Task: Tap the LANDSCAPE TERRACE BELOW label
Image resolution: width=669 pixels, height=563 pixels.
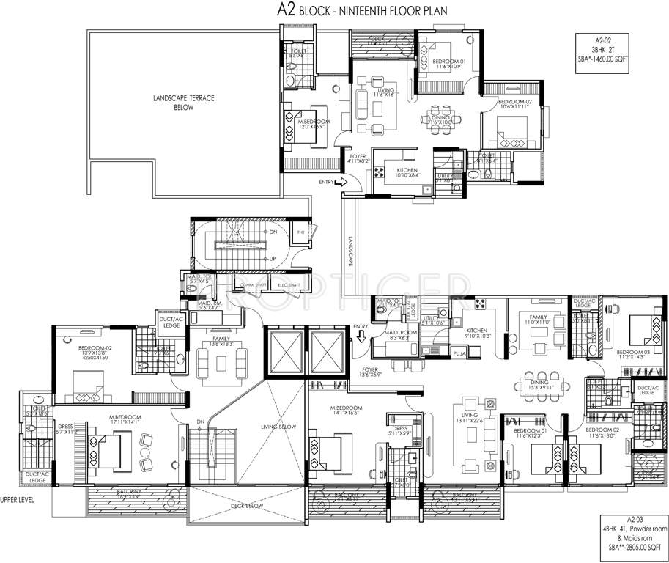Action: tap(183, 103)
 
